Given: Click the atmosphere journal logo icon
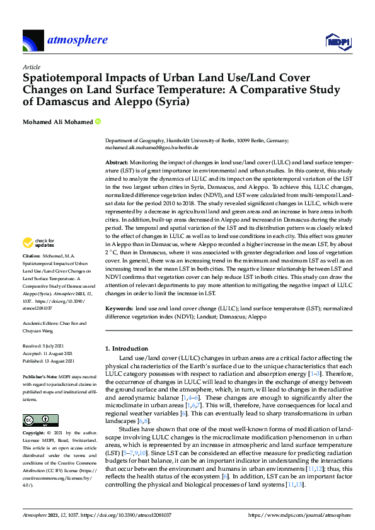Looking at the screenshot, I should click(33, 41).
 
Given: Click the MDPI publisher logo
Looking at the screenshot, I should click(337, 42).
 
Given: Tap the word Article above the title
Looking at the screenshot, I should click(31, 67).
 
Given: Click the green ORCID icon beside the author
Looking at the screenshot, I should click(98, 121).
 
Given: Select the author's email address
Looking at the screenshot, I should click(152, 147).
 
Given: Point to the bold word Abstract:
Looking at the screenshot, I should click(118, 162).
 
